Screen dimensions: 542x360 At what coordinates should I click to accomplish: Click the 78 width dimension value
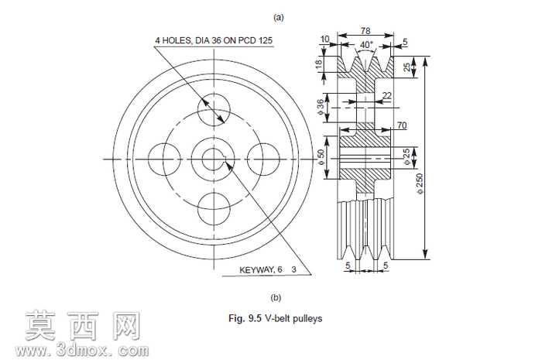click(x=365, y=31)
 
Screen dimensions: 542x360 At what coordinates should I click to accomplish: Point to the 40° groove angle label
click(x=366, y=45)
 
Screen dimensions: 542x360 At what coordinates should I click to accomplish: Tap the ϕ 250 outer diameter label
click(x=420, y=183)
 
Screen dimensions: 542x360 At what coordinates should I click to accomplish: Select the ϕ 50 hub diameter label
click(x=321, y=157)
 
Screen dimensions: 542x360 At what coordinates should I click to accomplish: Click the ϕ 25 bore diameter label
click(x=406, y=156)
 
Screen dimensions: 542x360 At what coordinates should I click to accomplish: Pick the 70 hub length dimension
click(x=402, y=125)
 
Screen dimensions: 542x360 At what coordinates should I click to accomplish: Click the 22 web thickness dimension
click(x=387, y=95)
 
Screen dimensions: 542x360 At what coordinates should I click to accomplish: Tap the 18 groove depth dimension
click(x=319, y=63)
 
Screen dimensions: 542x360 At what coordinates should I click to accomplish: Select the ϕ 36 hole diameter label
click(x=321, y=108)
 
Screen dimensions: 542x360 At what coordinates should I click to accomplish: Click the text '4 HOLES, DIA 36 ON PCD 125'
click(x=214, y=40)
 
